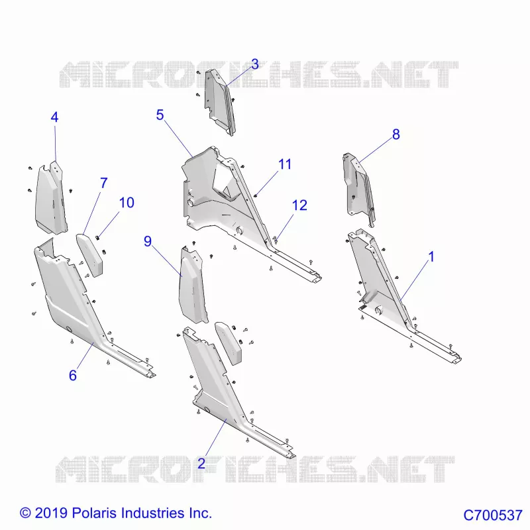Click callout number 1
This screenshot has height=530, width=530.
431,257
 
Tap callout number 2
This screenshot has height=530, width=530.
201,463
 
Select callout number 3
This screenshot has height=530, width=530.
255,64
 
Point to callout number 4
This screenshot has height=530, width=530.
54,117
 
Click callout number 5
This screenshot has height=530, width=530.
160,115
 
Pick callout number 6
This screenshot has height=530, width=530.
73,376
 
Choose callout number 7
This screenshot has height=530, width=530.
104,184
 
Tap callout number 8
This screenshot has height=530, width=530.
396,134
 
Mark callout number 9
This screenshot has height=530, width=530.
148,241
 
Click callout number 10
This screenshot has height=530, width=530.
127,203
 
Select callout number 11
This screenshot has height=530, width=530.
285,164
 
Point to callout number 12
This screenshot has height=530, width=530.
299,205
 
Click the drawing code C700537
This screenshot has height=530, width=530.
493,515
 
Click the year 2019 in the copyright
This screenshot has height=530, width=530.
52,513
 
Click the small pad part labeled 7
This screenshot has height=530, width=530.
90,254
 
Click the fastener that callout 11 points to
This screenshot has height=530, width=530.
256,195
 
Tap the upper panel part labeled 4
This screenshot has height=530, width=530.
51,199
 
